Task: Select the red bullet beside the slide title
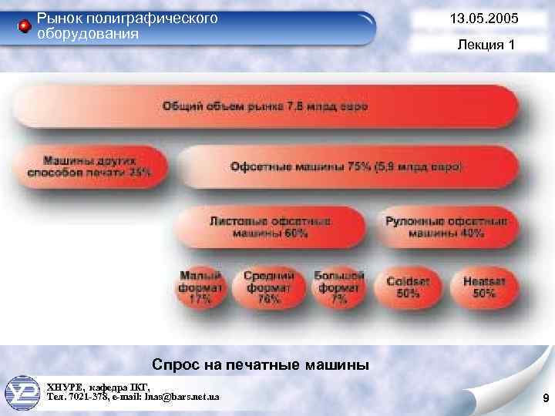tap(24, 27)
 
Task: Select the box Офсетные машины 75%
tap(346, 166)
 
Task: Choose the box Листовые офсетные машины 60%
tap(269, 226)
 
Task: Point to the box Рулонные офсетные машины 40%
tap(446, 226)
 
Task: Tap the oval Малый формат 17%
tap(201, 287)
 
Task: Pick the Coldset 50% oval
tap(408, 287)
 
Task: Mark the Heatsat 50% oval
tap(483, 287)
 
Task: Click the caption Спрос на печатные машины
tap(261, 364)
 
